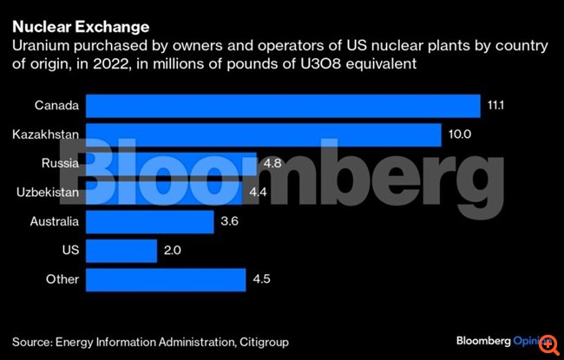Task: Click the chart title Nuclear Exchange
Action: coord(68,27)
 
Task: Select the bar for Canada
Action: coord(283,106)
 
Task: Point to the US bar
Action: coord(121,251)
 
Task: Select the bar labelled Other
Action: coord(166,279)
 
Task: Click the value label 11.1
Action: coord(495,106)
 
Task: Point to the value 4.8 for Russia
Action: coord(271,164)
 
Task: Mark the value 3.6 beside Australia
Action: coord(230,221)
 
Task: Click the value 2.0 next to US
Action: coord(173,251)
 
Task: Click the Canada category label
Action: coord(57,106)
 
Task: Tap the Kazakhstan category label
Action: coord(46,135)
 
